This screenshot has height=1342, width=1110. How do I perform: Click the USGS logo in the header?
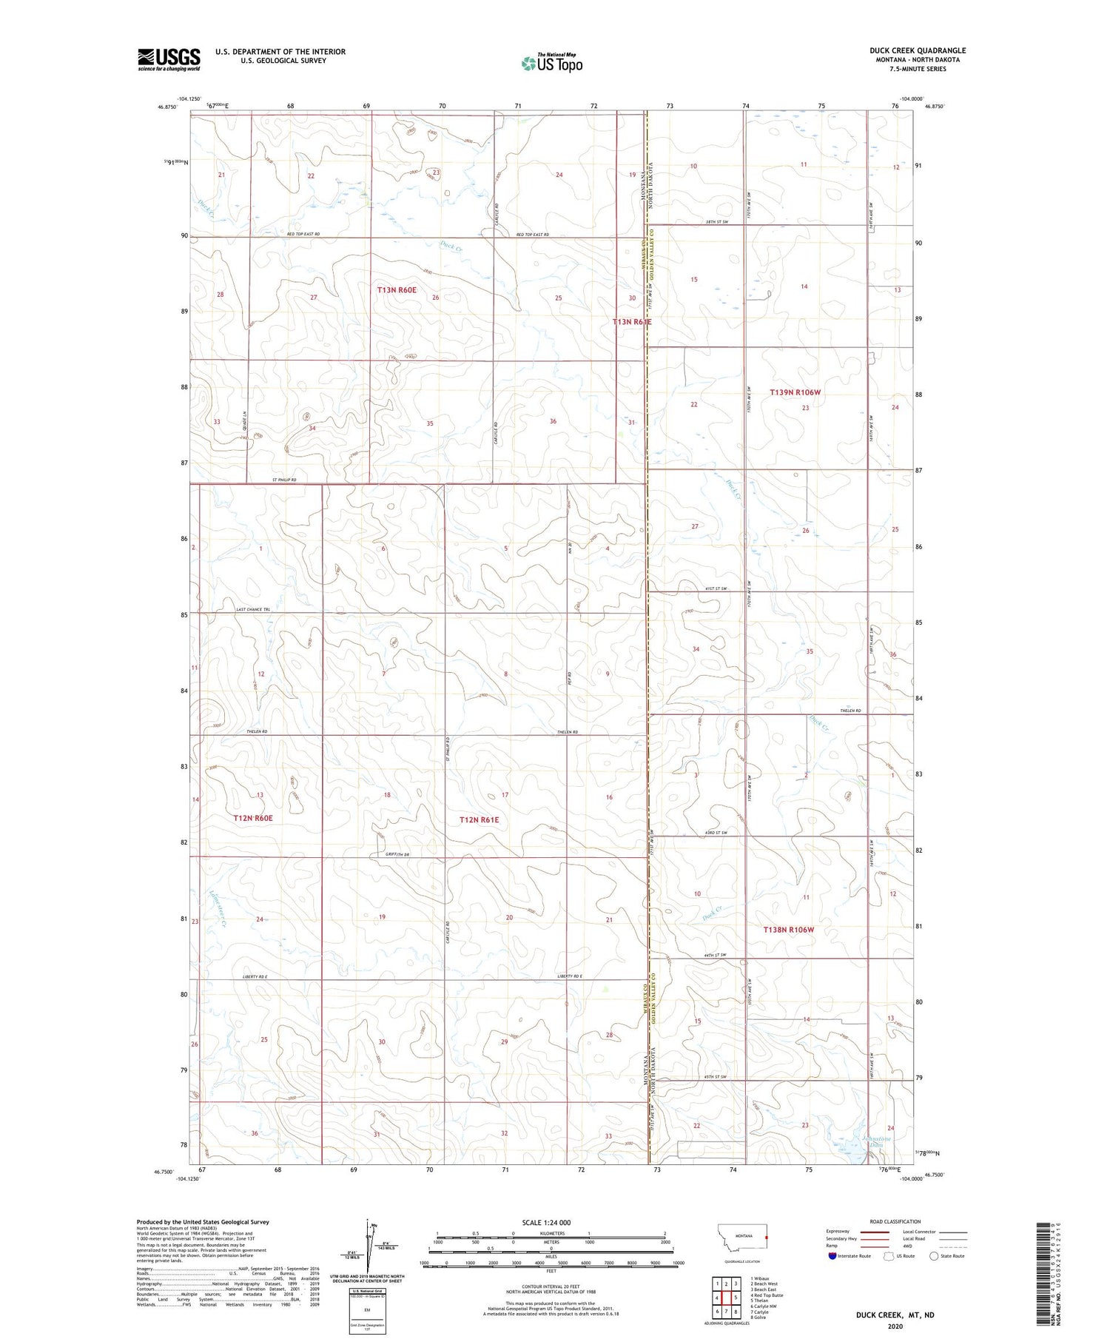[169, 59]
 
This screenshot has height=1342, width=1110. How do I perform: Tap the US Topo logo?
[552, 64]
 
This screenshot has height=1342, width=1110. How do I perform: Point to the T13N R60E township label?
[397, 290]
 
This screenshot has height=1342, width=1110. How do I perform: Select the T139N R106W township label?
[795, 392]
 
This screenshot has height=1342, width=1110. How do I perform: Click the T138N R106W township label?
[789, 929]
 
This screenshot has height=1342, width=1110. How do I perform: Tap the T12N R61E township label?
[479, 819]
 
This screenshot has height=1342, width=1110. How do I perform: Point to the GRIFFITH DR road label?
[397, 854]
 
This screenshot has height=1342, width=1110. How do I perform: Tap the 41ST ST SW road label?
[713, 588]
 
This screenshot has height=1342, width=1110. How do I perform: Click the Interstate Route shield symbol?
[832, 1256]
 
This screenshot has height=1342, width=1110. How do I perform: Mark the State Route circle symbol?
[934, 1256]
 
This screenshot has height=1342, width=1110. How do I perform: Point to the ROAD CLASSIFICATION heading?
[895, 1221]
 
